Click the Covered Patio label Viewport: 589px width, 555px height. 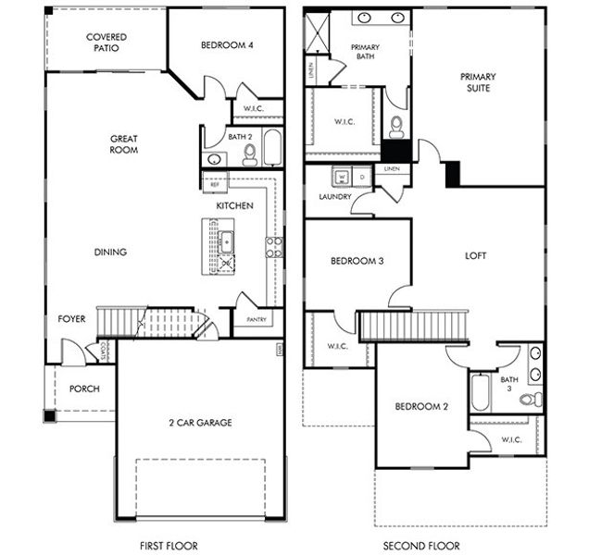pyautogui.click(x=106, y=43)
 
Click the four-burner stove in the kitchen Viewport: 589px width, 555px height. pyautogui.click(x=274, y=246)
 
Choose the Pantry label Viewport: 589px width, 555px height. pyautogui.click(x=256, y=320)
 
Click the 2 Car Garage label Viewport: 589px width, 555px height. pyautogui.click(x=200, y=423)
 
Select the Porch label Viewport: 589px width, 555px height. pyautogui.click(x=85, y=388)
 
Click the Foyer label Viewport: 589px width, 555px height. pyautogui.click(x=71, y=319)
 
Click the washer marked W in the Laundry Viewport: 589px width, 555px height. pyautogui.click(x=341, y=176)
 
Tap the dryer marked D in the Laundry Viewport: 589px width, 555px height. pyautogui.click(x=361, y=176)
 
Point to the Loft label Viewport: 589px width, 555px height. pyautogui.click(x=476, y=256)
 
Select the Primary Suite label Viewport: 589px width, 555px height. pyautogui.click(x=479, y=82)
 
